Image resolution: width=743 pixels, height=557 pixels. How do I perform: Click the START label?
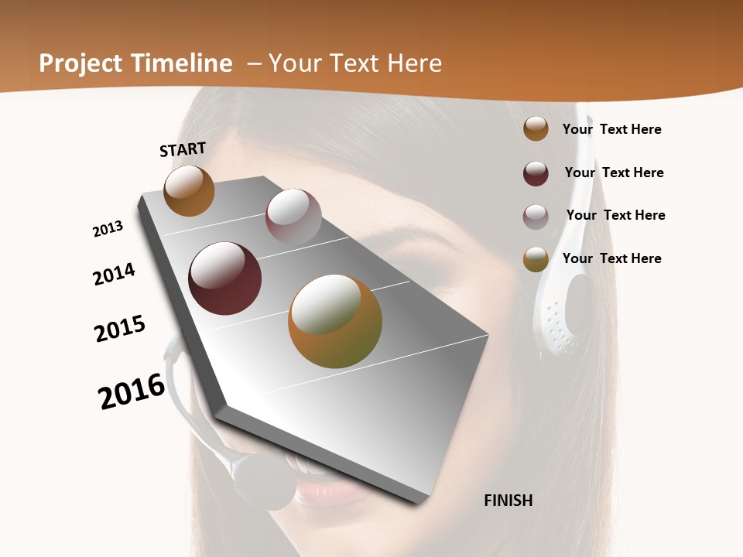(x=183, y=149)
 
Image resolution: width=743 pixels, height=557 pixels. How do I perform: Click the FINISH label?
(x=508, y=501)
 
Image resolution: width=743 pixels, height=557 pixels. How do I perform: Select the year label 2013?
(x=108, y=229)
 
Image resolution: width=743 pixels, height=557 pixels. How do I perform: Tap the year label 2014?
(x=114, y=275)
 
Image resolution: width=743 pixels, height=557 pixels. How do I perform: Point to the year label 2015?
(x=120, y=328)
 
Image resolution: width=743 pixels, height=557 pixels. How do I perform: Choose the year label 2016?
(x=132, y=391)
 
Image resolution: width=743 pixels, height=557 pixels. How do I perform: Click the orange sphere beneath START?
(x=189, y=191)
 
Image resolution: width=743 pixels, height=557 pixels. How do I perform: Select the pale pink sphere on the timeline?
(x=293, y=216)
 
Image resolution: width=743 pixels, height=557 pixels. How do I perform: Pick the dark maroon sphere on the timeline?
(x=225, y=278)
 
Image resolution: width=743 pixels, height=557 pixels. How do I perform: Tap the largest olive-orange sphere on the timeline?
(x=335, y=321)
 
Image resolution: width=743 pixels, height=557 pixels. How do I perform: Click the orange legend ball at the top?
(x=536, y=128)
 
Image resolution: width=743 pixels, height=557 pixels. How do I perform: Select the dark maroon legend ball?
(x=536, y=173)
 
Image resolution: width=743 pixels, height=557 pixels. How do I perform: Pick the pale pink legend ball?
(x=536, y=217)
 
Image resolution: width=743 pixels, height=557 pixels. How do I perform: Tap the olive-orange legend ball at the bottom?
(x=536, y=259)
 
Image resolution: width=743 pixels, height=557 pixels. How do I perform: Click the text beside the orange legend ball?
(x=611, y=129)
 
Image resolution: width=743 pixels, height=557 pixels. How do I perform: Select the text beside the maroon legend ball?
(x=614, y=173)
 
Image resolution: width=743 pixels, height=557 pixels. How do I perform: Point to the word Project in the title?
(x=80, y=63)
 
